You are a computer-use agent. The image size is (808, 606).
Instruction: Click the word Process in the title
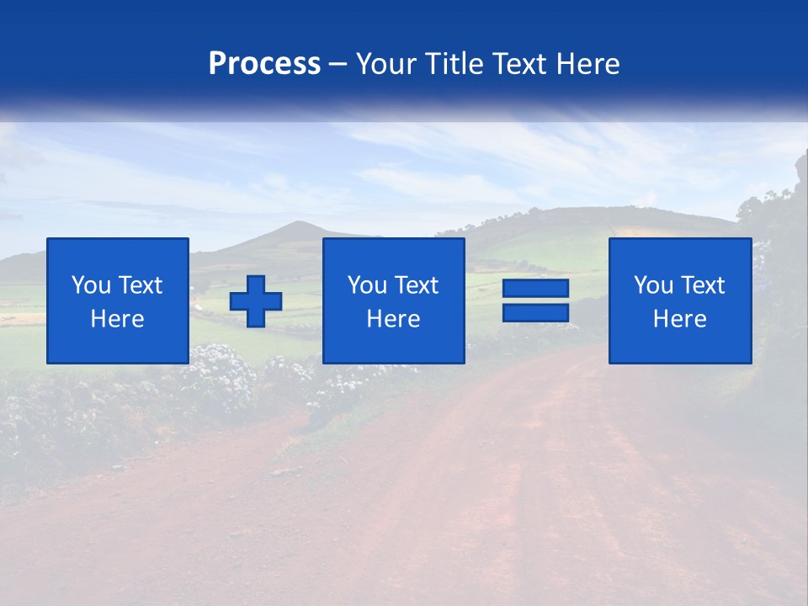[x=264, y=64]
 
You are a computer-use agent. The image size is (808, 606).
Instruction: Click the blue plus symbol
[x=256, y=301]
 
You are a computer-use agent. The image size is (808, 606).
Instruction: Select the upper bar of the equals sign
[x=535, y=289]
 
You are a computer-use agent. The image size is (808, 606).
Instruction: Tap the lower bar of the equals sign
[x=535, y=313]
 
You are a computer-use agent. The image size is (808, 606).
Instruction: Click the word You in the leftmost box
[x=89, y=285]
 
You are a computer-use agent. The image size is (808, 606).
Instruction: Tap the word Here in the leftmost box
[x=117, y=319]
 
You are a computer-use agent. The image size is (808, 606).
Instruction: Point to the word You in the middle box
[x=366, y=285]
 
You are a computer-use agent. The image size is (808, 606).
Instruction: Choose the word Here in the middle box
[x=393, y=319]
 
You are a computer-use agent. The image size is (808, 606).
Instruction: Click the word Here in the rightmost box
[x=679, y=319]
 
